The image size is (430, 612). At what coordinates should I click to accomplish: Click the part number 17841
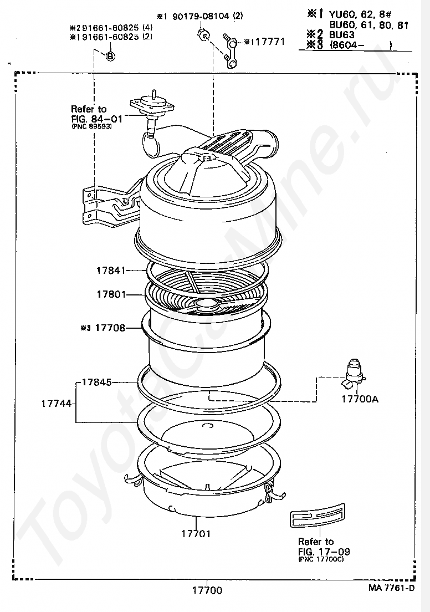tap(111, 270)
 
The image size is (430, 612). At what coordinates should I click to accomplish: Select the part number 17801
tap(111, 294)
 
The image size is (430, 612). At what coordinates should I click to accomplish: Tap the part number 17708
tap(110, 328)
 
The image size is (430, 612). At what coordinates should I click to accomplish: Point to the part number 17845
tap(97, 382)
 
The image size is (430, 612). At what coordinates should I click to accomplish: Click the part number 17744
tap(57, 404)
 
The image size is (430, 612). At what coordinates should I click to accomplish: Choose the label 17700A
tap(360, 399)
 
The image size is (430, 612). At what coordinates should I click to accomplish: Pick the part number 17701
tap(196, 533)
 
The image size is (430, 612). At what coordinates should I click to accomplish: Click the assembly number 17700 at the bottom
tap(207, 590)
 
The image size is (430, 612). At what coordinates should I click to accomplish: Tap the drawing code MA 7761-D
tap(391, 588)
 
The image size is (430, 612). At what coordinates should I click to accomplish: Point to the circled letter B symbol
tap(110, 56)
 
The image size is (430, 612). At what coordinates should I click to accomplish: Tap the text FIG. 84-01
tap(97, 119)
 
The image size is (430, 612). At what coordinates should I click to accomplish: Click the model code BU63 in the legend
tap(342, 34)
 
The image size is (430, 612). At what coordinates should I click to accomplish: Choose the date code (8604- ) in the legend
tap(361, 44)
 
